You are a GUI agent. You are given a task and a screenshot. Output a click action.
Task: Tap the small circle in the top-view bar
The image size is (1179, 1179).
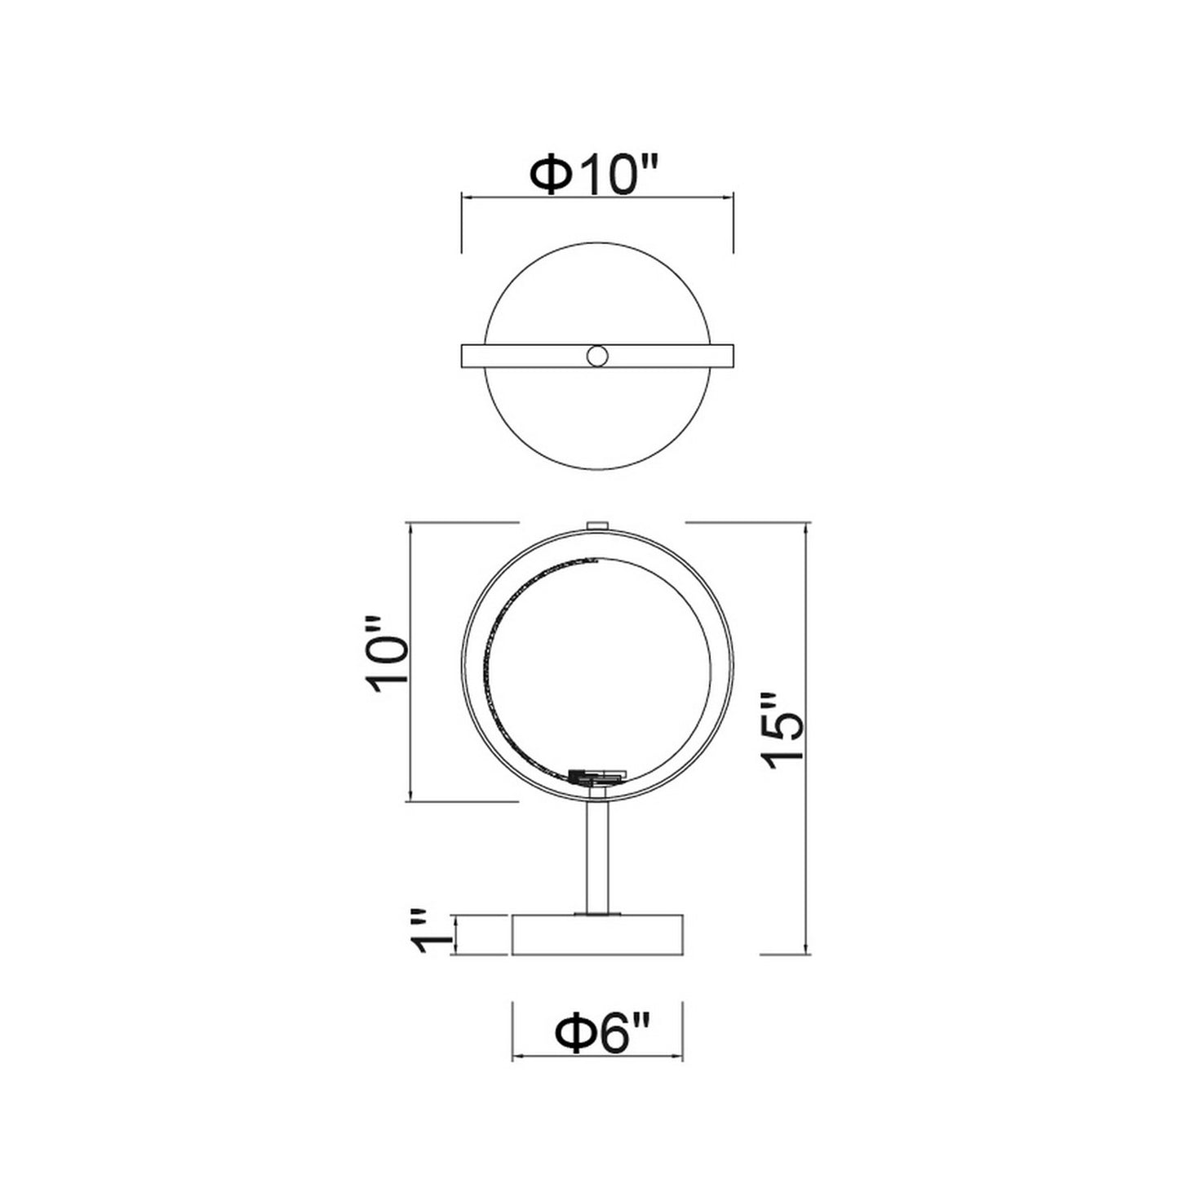pyautogui.click(x=597, y=357)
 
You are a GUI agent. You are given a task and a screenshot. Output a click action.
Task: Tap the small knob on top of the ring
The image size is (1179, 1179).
pyautogui.click(x=598, y=525)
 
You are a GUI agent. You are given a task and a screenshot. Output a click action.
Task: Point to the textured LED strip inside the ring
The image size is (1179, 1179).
pyautogui.click(x=501, y=645)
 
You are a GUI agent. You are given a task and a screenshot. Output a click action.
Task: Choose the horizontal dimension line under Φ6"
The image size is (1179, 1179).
pyautogui.click(x=597, y=1058)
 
